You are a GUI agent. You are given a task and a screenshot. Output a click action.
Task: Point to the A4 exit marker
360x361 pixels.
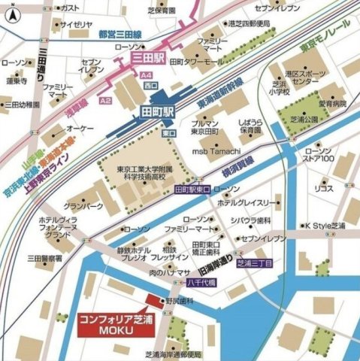pyautogui.click(x=147, y=74)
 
